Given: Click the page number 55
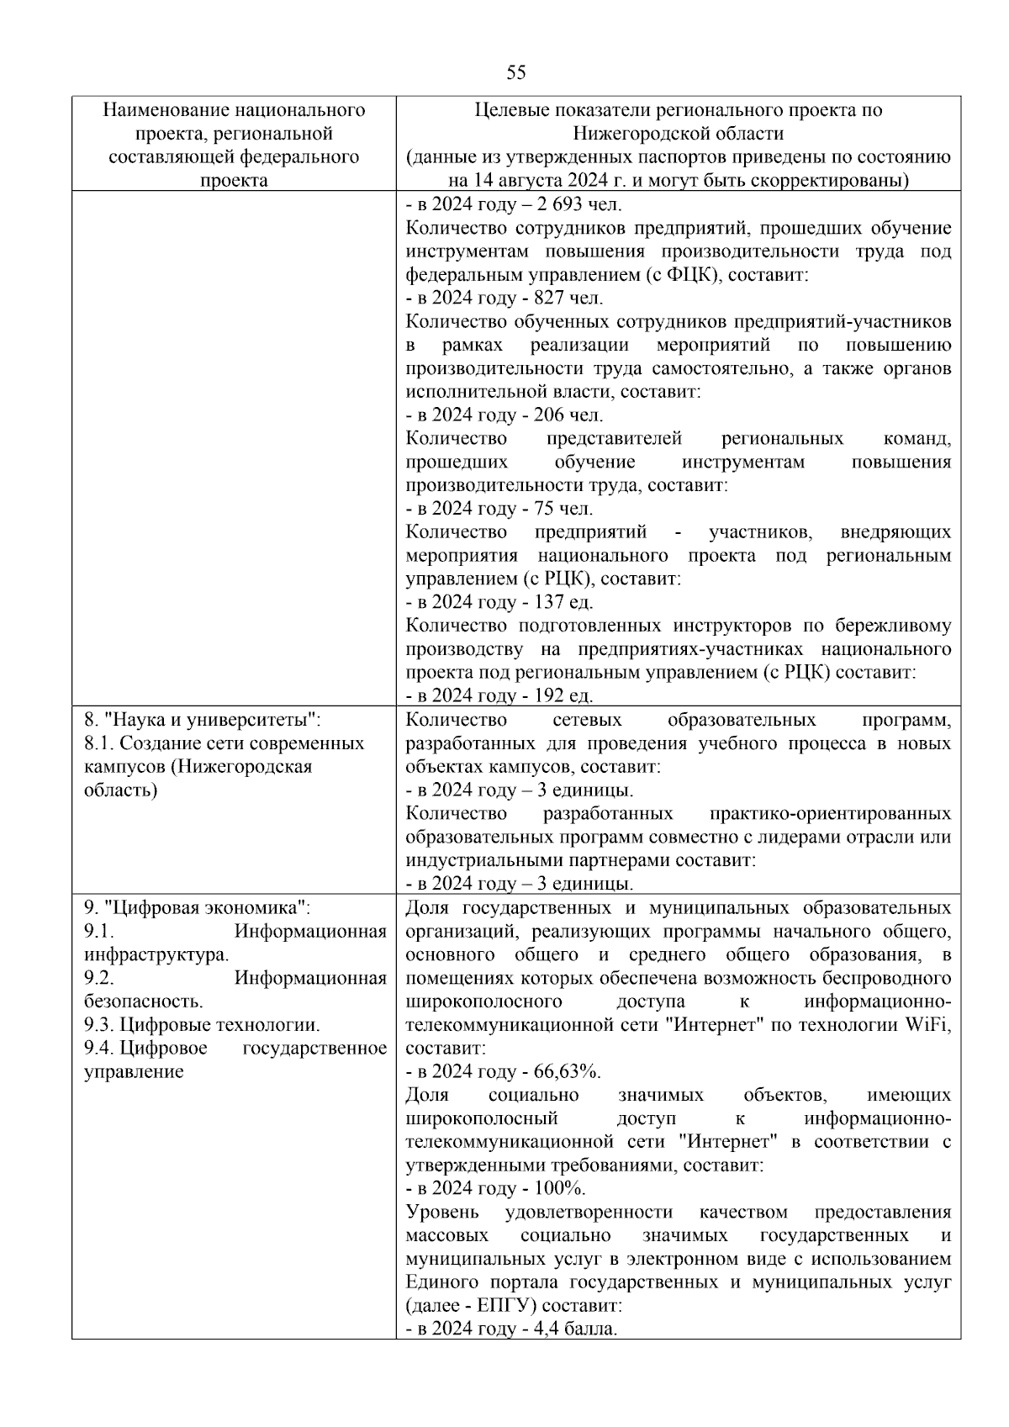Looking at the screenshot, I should tap(516, 73).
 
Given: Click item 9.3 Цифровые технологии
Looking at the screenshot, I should tap(202, 1025).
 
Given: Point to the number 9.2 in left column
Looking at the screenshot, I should tap(99, 978).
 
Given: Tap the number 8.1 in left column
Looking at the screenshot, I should tap(99, 743).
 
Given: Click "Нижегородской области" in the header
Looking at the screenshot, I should tap(678, 134).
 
